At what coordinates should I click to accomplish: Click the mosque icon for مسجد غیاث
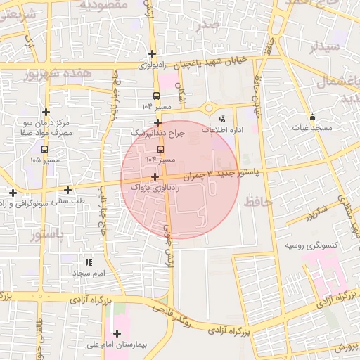point(312,117)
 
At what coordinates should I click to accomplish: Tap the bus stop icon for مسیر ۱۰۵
point(45,149)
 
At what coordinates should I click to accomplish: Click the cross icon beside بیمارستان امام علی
point(117,333)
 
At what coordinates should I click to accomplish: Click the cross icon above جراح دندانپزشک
point(158,122)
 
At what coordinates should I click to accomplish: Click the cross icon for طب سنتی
point(67,190)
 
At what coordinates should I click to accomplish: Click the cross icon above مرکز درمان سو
point(46,112)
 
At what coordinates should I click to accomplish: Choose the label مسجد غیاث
point(312,129)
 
